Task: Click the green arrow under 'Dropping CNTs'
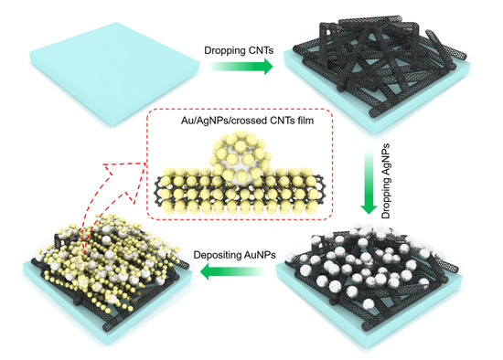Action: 241,66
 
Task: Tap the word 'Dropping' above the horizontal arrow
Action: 224,51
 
